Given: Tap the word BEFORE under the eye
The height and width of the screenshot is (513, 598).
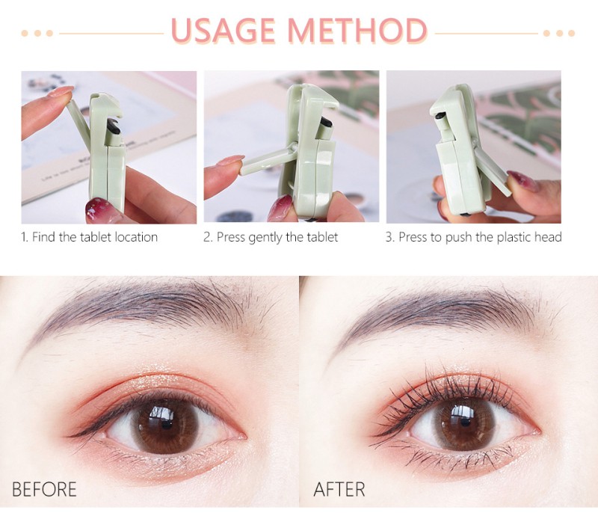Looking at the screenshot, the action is click(x=44, y=489).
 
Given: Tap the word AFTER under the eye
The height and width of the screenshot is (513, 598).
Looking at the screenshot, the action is click(x=339, y=489).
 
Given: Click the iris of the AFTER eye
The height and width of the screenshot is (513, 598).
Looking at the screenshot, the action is click(x=463, y=423).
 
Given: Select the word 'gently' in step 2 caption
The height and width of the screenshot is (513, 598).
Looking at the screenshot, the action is click(x=265, y=238).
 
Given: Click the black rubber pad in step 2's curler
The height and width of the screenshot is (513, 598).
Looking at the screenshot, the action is click(x=326, y=122).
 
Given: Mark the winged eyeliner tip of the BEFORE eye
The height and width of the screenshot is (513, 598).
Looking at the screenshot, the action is click(x=69, y=436).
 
